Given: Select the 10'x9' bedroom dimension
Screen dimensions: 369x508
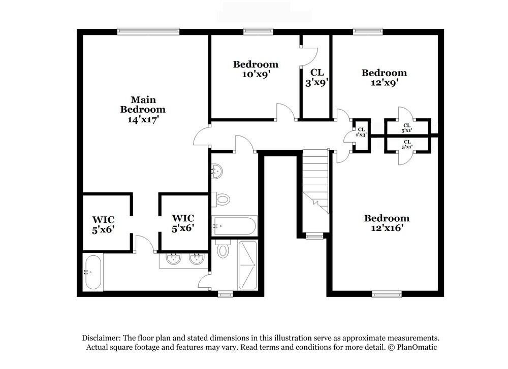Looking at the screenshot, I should click(x=256, y=74).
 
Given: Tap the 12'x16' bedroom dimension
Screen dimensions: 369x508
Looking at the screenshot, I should click(x=387, y=228).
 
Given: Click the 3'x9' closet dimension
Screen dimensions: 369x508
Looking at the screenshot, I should click(x=317, y=82).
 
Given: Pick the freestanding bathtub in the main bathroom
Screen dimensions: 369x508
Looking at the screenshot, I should click(x=92, y=272).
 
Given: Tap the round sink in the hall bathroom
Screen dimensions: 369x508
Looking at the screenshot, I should click(x=216, y=172).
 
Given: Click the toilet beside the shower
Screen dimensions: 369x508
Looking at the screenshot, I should click(x=223, y=250).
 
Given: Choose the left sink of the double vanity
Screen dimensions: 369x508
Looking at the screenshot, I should click(x=174, y=259).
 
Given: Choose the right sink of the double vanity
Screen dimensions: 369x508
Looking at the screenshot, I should click(x=197, y=259).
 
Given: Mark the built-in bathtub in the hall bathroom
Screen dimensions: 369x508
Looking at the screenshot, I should click(x=234, y=225).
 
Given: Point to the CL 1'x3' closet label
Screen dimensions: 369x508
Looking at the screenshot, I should click(x=361, y=132).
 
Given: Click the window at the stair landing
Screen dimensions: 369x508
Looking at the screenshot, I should click(x=314, y=236).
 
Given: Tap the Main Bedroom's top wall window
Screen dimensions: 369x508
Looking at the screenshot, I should click(x=148, y=31).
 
